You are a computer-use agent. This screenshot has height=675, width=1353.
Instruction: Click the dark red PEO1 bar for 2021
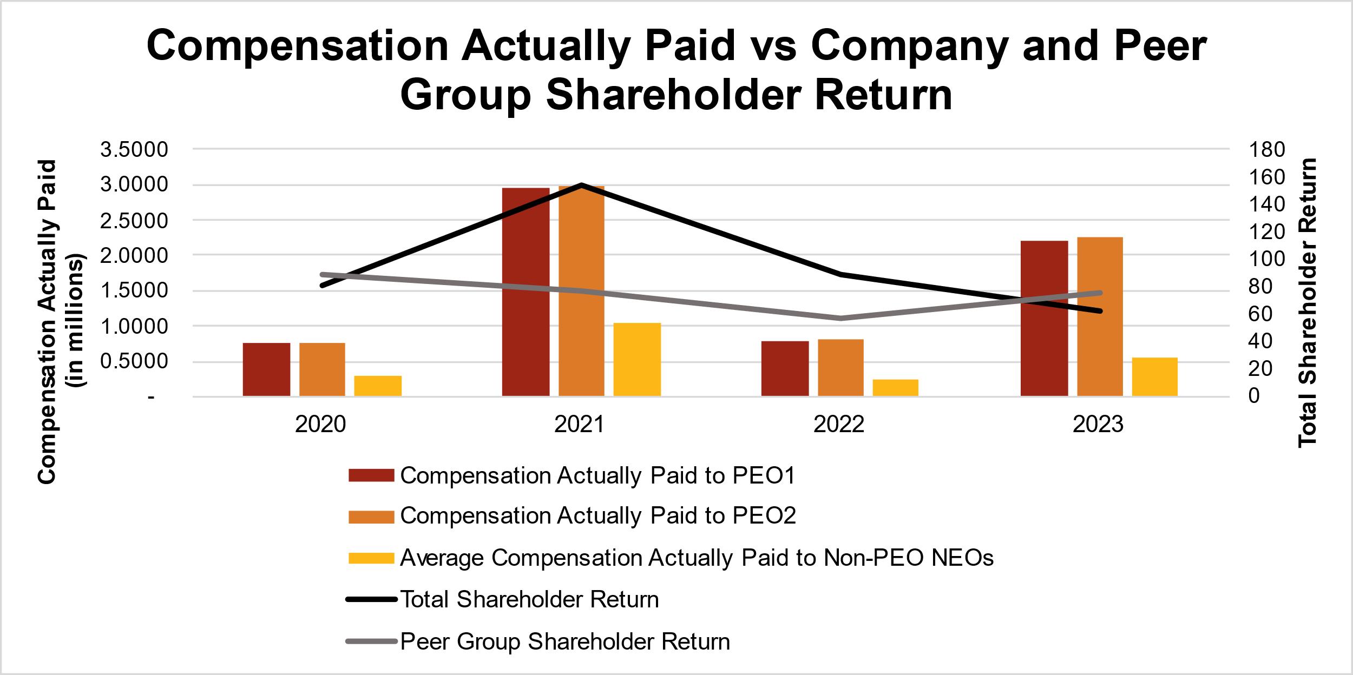[526, 292]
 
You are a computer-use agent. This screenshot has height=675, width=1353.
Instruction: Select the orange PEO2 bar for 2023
[1100, 316]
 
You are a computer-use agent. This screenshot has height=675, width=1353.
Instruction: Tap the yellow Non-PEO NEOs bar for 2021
[637, 360]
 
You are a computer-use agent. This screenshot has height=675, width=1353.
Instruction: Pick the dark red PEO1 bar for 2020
[266, 369]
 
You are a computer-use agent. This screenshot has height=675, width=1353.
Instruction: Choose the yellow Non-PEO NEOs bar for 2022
[895, 388]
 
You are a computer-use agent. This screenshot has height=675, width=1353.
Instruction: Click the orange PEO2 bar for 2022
[840, 368]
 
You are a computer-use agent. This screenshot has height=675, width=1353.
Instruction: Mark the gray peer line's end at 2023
[1100, 293]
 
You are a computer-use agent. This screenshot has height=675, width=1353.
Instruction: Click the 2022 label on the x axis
[839, 425]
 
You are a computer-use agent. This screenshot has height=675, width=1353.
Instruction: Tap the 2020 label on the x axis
[320, 425]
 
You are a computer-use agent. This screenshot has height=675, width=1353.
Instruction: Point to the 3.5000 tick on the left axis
[135, 150]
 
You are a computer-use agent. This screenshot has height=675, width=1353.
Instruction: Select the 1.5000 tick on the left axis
[135, 291]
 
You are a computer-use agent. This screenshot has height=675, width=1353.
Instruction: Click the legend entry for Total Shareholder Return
[529, 600]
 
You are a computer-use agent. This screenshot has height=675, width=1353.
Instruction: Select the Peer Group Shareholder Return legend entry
[565, 642]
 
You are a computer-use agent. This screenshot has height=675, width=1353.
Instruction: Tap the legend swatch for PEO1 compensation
[371, 475]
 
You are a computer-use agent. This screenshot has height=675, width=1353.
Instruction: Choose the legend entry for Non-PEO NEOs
[697, 558]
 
